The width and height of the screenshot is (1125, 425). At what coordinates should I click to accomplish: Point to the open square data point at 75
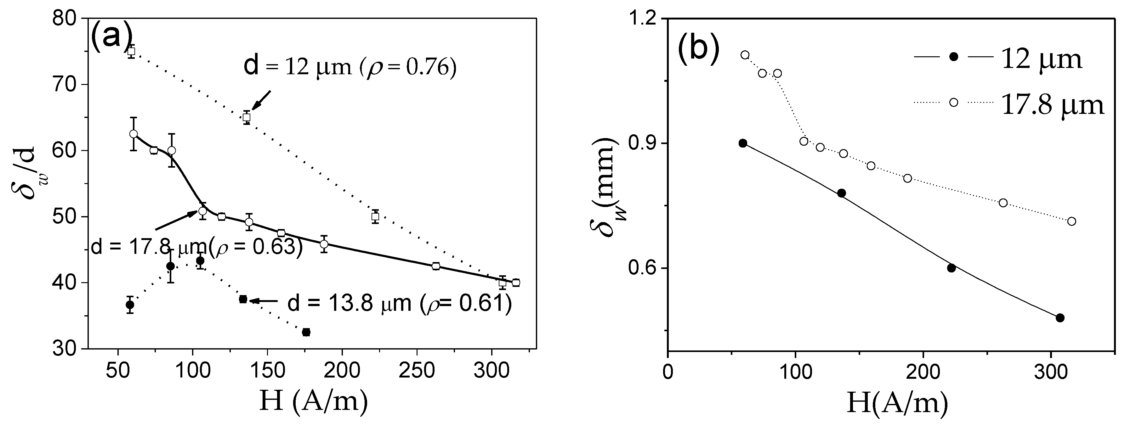tap(131, 51)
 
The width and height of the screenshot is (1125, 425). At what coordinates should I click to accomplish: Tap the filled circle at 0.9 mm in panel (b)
tap(742, 143)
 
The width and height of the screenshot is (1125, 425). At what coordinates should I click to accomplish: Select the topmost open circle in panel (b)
tap(745, 54)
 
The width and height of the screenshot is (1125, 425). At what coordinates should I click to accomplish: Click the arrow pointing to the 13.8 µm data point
tap(264, 301)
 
